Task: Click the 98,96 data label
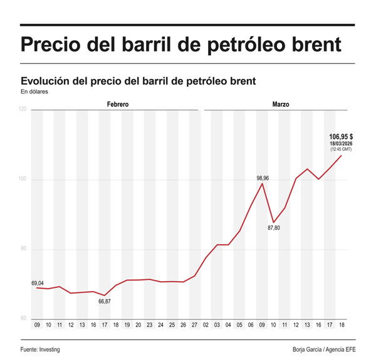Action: click(263, 178)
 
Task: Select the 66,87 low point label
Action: click(105, 302)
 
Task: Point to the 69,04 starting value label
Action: click(38, 283)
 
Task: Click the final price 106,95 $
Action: click(341, 136)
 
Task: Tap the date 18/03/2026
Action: click(341, 144)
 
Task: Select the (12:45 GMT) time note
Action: click(341, 150)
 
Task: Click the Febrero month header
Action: click(117, 104)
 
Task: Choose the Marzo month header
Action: click(280, 104)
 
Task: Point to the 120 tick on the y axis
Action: click(23, 110)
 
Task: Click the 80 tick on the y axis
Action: click(23, 249)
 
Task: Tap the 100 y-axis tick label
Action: click(23, 180)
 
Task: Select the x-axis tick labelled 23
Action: click(150, 326)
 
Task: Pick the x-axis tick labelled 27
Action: click(195, 326)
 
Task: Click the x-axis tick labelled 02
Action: click(206, 326)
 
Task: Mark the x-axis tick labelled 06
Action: click(251, 326)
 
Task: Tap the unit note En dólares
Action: click(34, 92)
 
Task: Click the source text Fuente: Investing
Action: click(44, 349)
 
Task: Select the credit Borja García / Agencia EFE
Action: click(324, 349)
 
